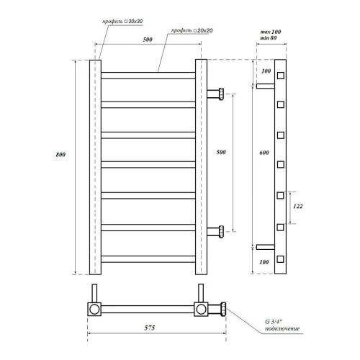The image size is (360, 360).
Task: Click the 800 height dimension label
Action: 60,155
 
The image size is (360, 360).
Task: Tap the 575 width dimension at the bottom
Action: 150,328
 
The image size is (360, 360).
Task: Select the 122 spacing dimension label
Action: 298,206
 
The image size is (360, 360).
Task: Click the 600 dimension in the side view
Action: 264,153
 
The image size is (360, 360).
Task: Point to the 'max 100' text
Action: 271,32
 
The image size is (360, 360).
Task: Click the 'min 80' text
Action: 269,38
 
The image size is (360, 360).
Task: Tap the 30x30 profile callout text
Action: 122,22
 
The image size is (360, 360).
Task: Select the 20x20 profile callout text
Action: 192,31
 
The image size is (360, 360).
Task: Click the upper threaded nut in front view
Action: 221,94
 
